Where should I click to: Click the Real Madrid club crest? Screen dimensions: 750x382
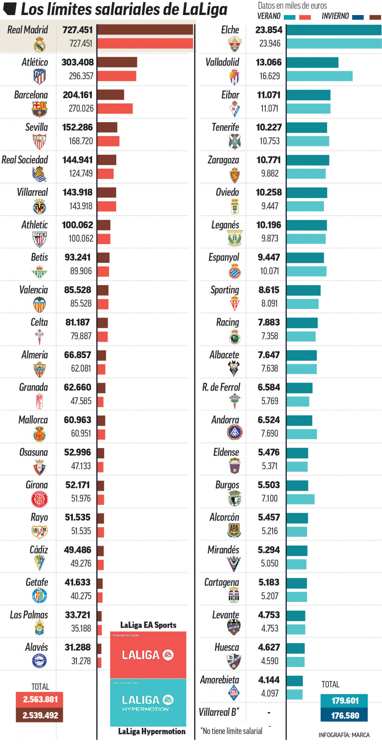39,45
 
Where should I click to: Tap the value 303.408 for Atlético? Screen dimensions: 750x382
78,62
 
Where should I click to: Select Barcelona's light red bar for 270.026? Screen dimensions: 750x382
115,108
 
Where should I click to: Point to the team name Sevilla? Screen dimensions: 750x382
36,127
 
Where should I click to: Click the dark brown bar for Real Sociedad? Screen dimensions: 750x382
107,160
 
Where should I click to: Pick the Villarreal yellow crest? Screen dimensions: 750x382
39,207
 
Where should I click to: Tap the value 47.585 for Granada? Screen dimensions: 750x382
81,401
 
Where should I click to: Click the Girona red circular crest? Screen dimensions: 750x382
39,499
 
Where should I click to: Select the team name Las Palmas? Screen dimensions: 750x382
29,615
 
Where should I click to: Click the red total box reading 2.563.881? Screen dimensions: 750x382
39,699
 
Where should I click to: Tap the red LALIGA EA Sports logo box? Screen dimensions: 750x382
148,655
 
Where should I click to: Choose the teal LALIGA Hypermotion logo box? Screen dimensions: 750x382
148,702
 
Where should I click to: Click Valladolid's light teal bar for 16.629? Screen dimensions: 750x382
319,76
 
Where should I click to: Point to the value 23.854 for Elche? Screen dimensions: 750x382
269,30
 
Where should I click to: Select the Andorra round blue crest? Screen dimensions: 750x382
235,432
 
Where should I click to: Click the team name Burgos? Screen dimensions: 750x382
227,485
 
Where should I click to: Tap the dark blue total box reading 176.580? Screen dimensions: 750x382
344,715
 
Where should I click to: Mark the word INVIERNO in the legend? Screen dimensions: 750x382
335,16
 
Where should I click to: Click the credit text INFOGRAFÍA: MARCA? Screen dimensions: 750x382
344,735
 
